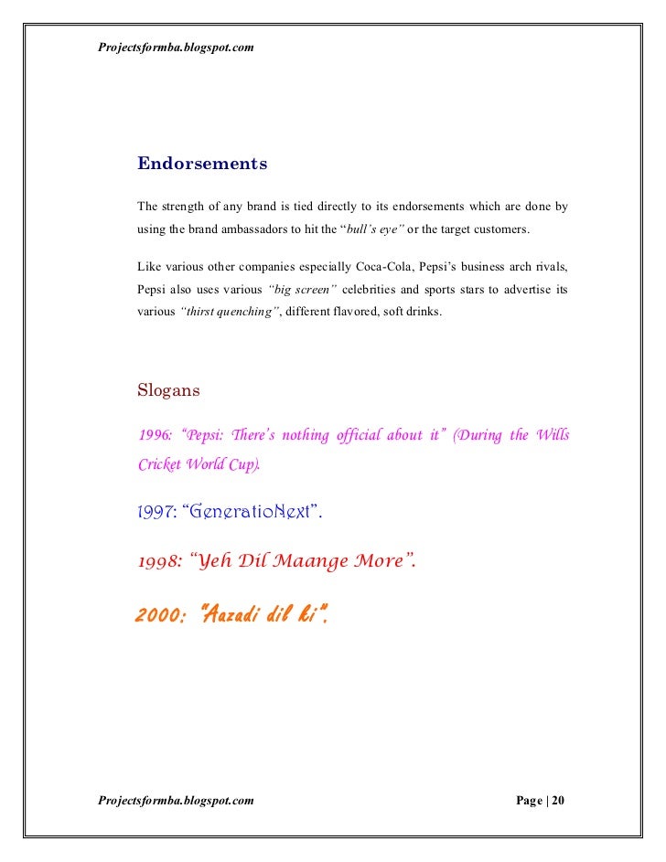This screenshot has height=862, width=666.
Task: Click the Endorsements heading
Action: [202, 165]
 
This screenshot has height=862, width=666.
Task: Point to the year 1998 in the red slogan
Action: [159, 560]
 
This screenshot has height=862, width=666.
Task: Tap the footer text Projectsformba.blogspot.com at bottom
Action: [176, 801]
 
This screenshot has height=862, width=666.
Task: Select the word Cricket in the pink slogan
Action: [159, 464]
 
